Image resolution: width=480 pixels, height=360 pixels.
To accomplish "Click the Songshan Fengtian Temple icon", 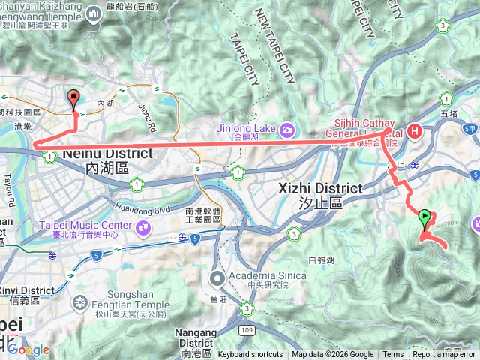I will [x=80, y=302].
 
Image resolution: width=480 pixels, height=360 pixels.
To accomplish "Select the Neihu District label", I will [x=97, y=153].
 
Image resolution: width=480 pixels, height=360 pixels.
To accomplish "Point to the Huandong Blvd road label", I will [x=142, y=200].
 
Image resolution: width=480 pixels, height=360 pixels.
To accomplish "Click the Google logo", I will [x=28, y=349].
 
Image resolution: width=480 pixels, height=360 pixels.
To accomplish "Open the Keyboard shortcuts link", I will [x=250, y=355].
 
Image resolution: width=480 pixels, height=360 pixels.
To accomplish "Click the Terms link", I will [x=393, y=355].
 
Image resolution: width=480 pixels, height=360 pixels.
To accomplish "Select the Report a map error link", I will [x=444, y=355].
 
